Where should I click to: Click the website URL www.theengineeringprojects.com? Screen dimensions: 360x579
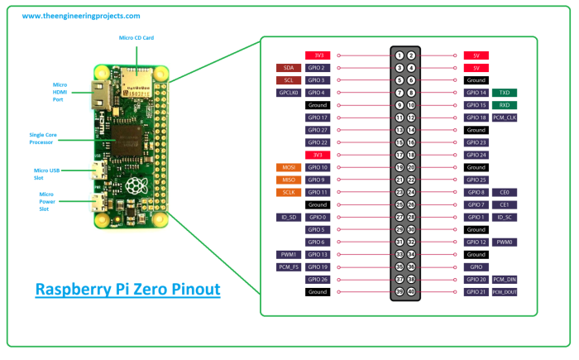(80, 16)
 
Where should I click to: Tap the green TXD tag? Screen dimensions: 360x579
(505, 93)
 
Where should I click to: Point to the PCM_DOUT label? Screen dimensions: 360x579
(505, 292)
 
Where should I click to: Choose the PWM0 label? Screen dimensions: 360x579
(505, 242)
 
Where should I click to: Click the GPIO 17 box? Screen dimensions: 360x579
(318, 118)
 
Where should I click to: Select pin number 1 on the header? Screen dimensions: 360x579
(400, 55)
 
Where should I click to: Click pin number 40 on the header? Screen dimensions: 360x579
(411, 292)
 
